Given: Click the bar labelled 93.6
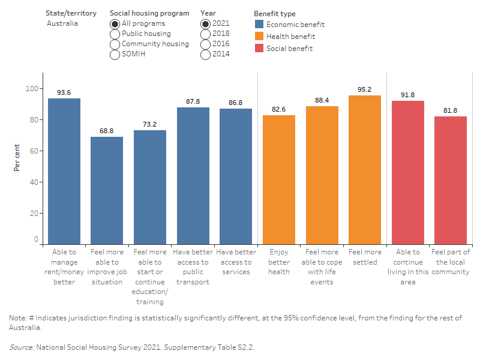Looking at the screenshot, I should [x=64, y=171].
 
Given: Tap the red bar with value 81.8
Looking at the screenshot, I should [x=450, y=180].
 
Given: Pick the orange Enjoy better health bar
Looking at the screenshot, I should [x=278, y=179].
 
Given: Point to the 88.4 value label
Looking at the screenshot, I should [x=322, y=100].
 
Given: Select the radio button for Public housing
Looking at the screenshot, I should [x=115, y=34].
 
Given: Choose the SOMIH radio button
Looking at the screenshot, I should [x=115, y=55].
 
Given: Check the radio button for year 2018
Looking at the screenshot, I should [x=206, y=34].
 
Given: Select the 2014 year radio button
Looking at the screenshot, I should [x=206, y=55].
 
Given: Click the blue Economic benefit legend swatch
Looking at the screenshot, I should [x=259, y=25].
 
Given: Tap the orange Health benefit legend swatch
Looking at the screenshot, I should [x=259, y=37].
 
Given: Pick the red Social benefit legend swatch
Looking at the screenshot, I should [x=259, y=49].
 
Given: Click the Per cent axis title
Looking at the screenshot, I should [x=17, y=158].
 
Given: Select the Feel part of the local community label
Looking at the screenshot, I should [x=450, y=262].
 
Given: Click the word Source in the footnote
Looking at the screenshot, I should [x=22, y=347].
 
